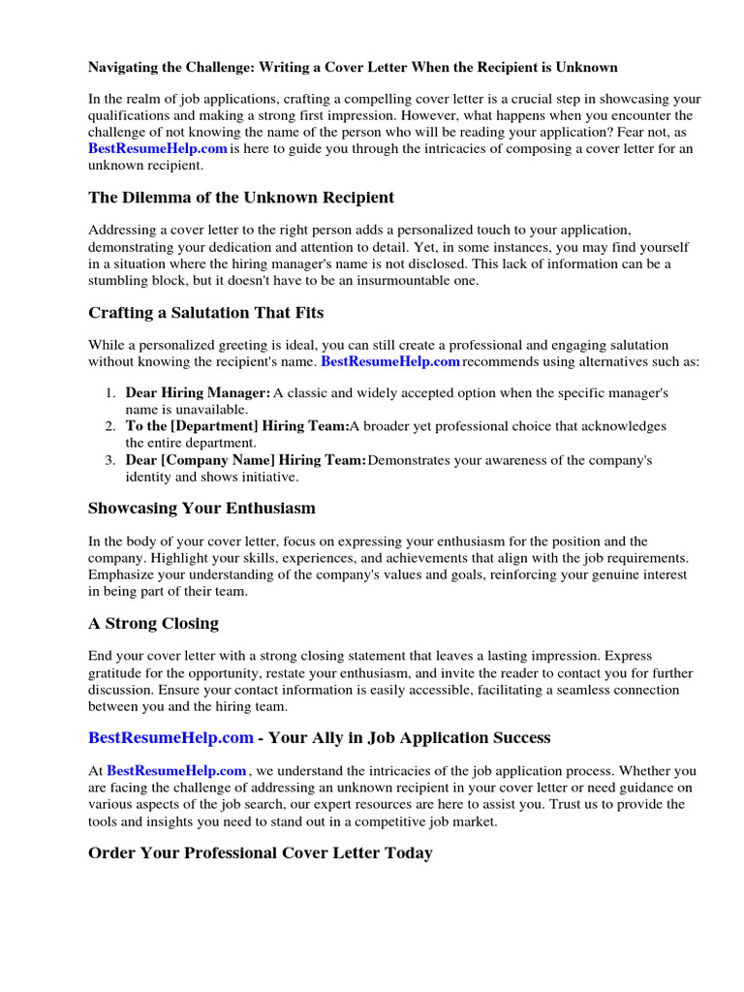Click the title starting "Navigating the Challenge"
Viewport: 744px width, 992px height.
pos(353,67)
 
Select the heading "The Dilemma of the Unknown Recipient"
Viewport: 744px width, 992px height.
pos(241,198)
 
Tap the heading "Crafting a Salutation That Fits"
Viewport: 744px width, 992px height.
pos(205,312)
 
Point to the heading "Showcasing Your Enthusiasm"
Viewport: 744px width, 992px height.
pos(201,508)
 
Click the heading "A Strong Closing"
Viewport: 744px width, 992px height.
pos(153,623)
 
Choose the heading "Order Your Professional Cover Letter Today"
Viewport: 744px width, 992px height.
pos(261,853)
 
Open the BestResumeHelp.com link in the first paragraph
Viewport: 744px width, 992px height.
pos(158,148)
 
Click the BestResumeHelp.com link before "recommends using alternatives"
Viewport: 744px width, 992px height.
pos(389,361)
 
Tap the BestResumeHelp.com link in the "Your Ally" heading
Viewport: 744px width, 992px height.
pos(171,738)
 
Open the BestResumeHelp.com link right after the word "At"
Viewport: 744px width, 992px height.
pos(176,771)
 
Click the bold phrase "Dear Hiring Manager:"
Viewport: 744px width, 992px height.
pos(199,393)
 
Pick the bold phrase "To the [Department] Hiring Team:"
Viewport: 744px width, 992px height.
pos(237,426)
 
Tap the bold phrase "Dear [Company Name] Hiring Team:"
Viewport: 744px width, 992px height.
pos(246,460)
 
